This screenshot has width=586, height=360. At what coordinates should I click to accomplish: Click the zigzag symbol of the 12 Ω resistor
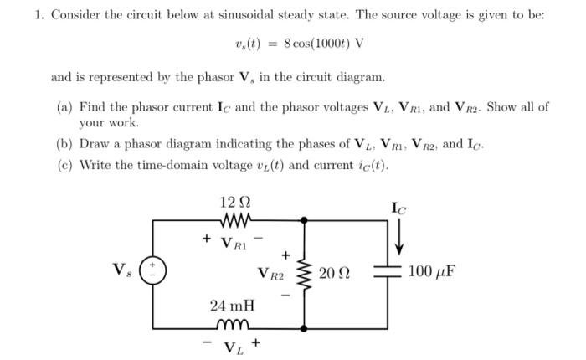pos(233,221)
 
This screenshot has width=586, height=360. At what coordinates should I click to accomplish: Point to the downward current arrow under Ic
pos(398,237)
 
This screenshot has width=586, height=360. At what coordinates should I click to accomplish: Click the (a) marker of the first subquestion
pos(64,107)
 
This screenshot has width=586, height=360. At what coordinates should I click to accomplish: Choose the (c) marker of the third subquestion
pos(64,163)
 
